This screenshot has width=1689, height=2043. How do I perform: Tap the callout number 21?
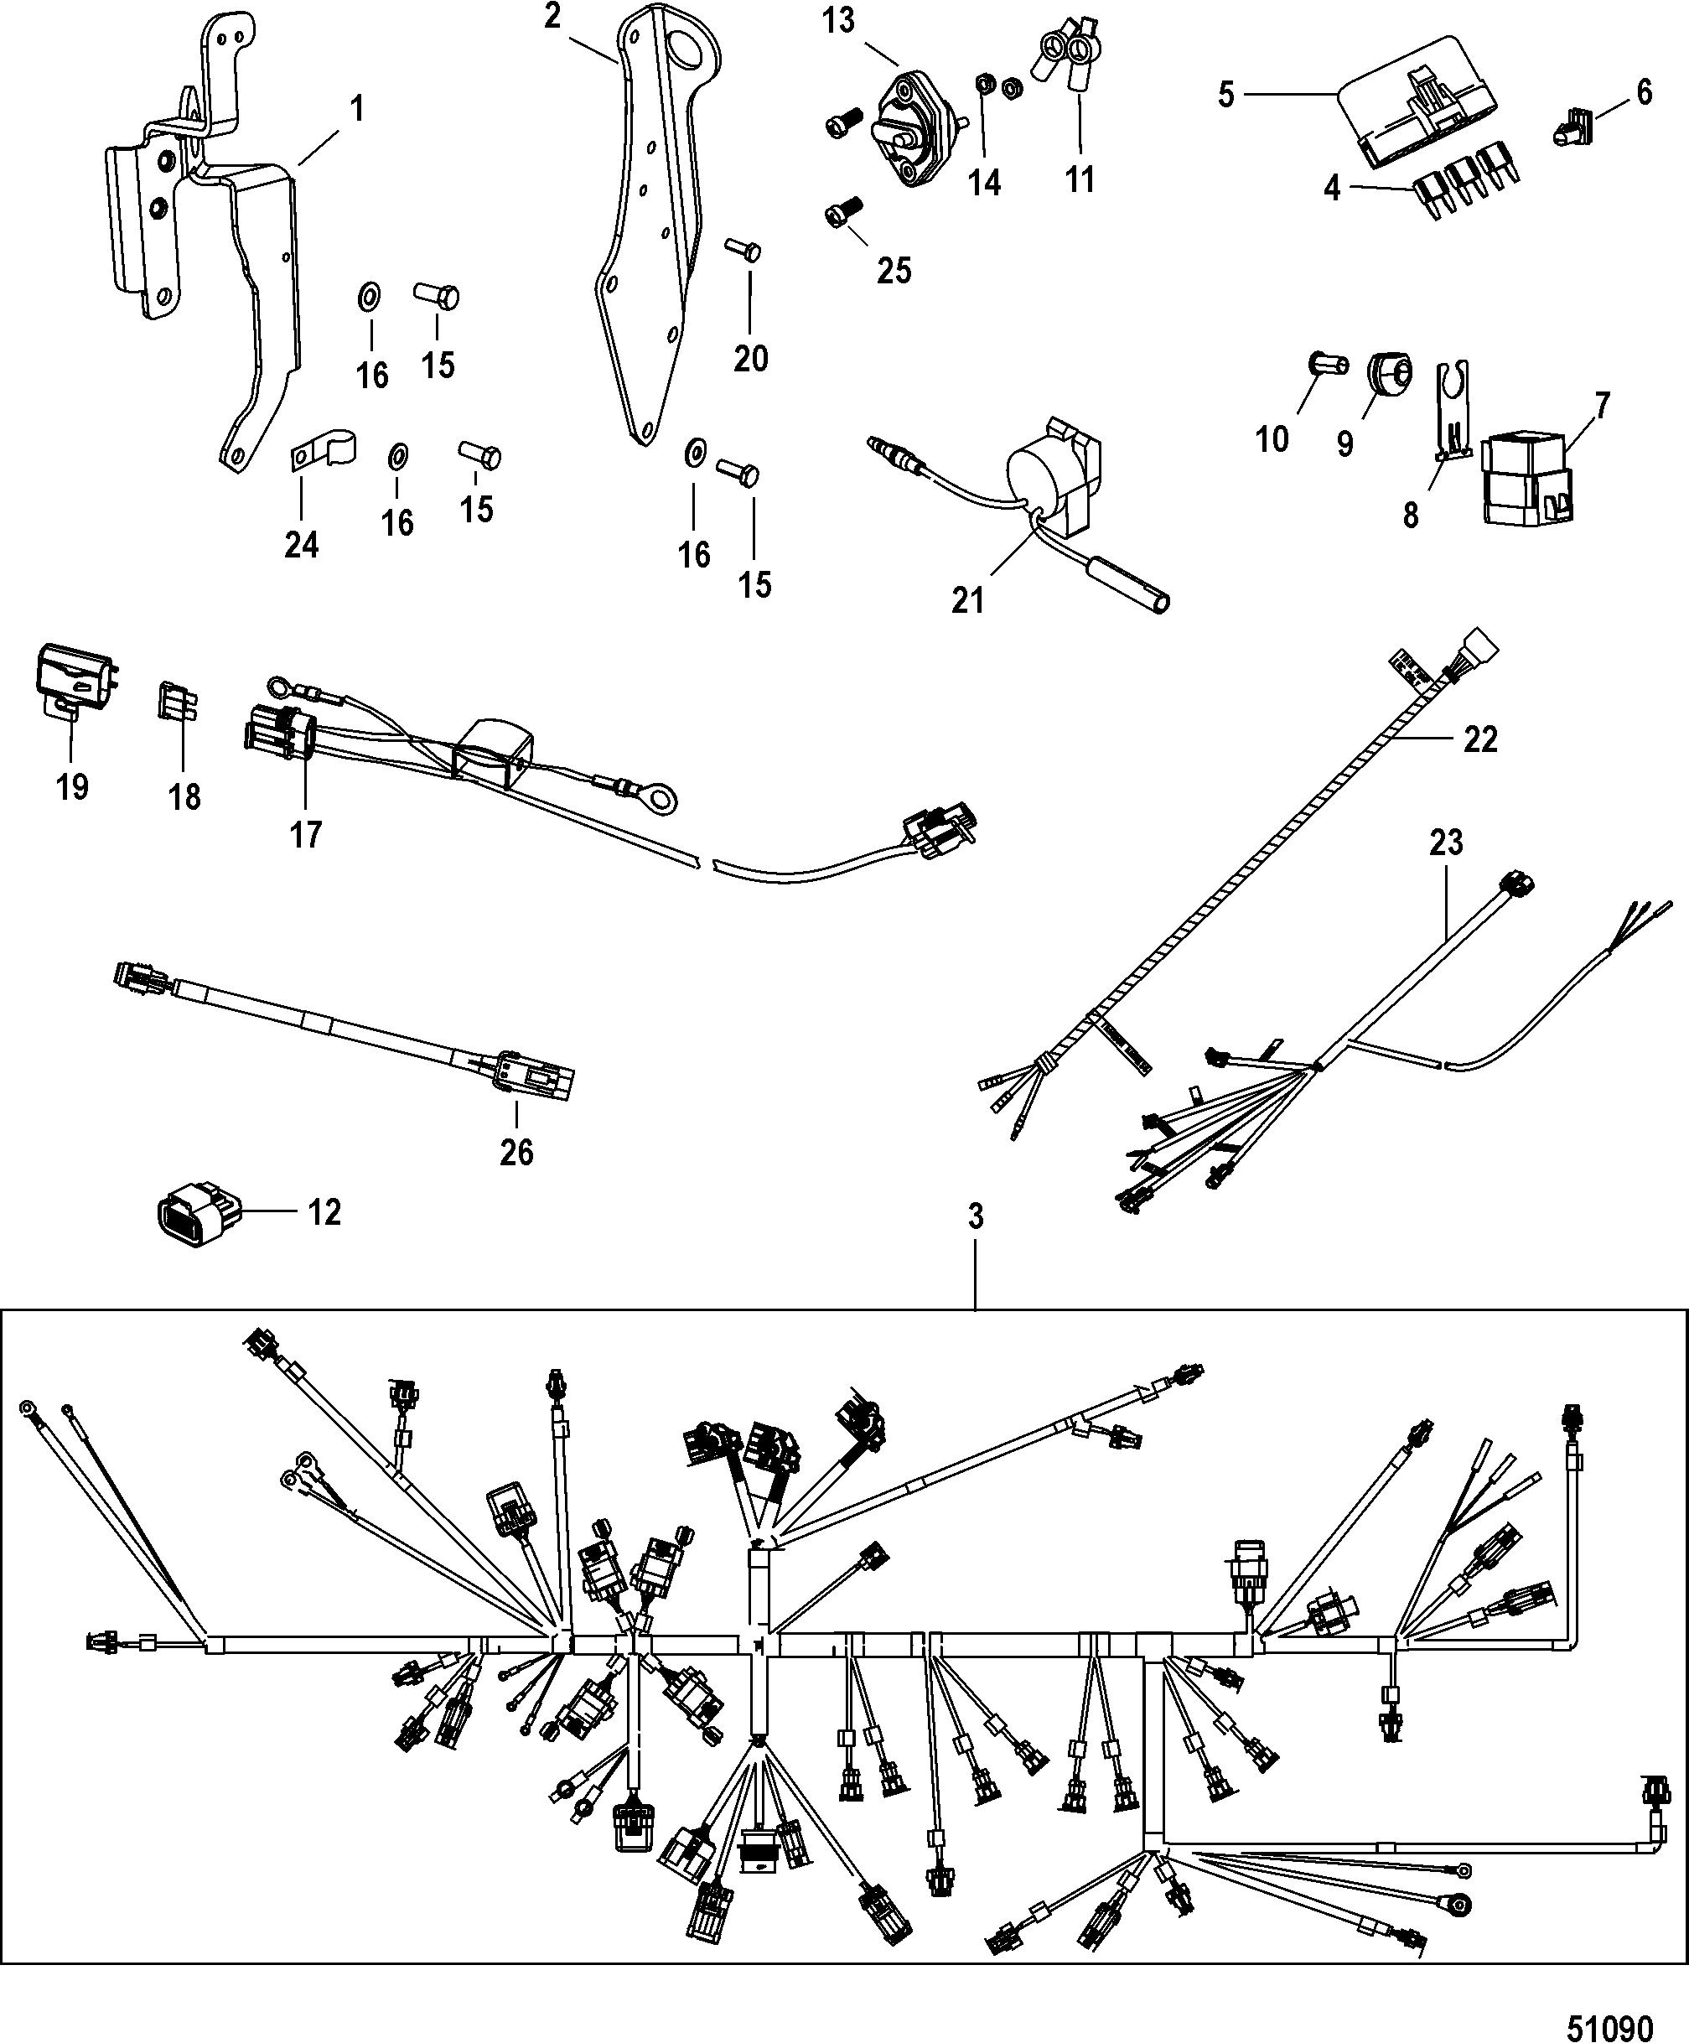pos(967,600)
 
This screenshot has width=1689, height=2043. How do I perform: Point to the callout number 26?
pos(516,1152)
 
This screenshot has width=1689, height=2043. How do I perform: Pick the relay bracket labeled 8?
pos(1452,412)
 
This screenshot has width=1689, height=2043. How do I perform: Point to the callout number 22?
pos(1481,739)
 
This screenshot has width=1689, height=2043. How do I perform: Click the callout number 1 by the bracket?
pos(357,109)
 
